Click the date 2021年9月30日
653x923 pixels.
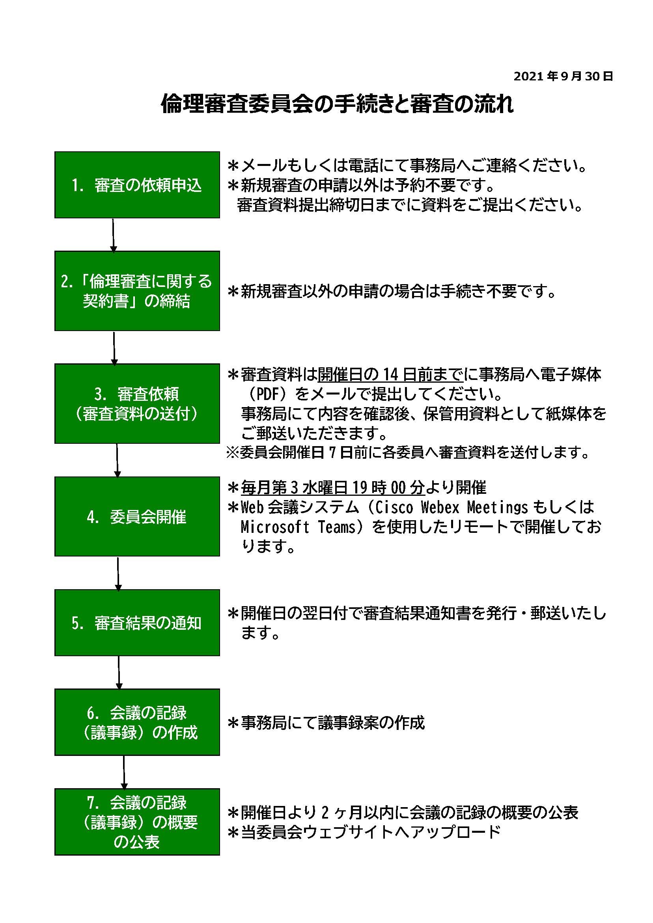[x=563, y=76]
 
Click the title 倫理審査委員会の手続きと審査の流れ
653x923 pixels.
[x=337, y=104]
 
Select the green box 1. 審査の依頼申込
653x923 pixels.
[x=137, y=184]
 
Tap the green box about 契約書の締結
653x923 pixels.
[x=137, y=290]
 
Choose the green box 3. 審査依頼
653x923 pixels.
[x=137, y=404]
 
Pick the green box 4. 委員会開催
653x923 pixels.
[x=137, y=517]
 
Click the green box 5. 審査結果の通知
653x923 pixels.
[x=137, y=623]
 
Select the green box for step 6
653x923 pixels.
[x=137, y=722]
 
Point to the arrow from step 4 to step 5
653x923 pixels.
[x=118, y=573]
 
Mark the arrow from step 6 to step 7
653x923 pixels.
[x=124, y=772]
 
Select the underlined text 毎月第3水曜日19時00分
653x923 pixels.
[x=333, y=487]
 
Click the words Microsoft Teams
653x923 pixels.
[x=298, y=527]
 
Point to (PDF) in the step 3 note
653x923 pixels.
[x=268, y=394]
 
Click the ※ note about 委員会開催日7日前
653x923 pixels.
[x=408, y=453]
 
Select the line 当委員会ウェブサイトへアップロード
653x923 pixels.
[x=364, y=832]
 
